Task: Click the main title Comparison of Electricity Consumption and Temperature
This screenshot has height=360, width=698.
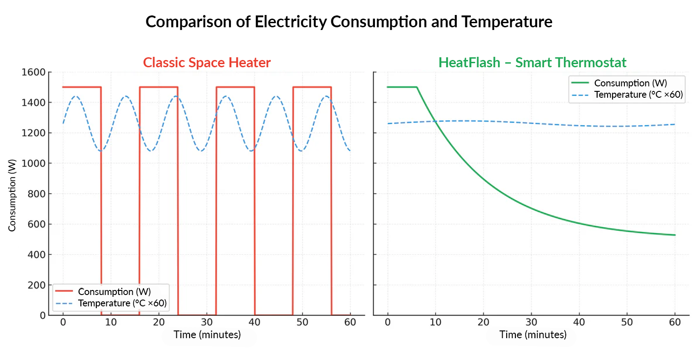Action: [349, 22]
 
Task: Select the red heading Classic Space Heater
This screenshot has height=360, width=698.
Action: [207, 63]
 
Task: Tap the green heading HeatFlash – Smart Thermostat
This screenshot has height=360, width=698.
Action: [532, 63]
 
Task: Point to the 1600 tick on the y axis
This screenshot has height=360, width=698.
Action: [34, 72]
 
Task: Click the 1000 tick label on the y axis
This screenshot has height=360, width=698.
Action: [34, 163]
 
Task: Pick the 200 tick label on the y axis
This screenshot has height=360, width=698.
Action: [37, 285]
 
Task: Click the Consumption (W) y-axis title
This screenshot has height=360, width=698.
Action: [12, 195]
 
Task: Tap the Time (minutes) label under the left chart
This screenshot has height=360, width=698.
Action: [207, 335]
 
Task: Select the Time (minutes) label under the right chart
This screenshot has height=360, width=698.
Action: [533, 335]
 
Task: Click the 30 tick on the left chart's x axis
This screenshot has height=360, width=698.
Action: [207, 322]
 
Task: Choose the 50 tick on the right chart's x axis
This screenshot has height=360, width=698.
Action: [627, 322]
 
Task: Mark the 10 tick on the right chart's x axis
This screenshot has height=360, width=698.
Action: [435, 322]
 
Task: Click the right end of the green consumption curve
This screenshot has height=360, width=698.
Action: [675, 235]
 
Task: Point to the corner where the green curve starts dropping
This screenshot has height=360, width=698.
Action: [417, 87]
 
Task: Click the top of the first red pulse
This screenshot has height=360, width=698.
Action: [82, 87]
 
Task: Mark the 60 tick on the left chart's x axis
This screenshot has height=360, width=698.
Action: [350, 322]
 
